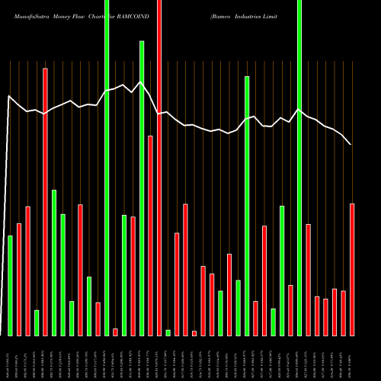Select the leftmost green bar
click(10, 286)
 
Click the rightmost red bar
click(352, 270)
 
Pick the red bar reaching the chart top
click(159, 168)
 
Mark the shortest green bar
click(168, 332)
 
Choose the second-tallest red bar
click(45, 202)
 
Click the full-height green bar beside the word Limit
click(299, 168)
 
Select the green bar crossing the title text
click(107, 168)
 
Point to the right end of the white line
click(351, 144)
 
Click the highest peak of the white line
click(140, 82)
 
